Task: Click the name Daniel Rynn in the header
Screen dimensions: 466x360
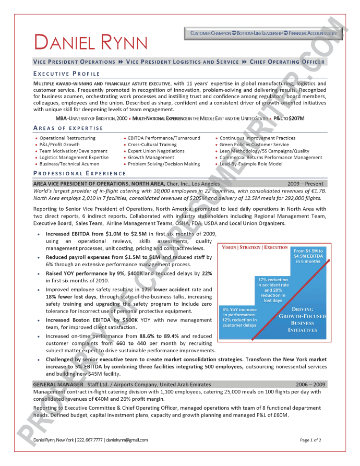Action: pyautogui.click(x=91, y=42)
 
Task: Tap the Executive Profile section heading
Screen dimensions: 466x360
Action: pyautogui.click(x=66, y=74)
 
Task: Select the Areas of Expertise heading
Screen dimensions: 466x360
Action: pyautogui.click(x=68, y=128)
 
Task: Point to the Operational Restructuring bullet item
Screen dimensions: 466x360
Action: pyautogui.click(x=67, y=138)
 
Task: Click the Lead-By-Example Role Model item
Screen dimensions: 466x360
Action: pyautogui.click(x=251, y=164)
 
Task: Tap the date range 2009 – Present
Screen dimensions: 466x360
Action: pyautogui.click(x=305, y=184)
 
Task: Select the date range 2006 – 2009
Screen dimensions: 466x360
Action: pyautogui.click(x=310, y=384)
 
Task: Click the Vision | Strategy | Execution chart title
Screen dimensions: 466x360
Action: pyautogui.click(x=255, y=247)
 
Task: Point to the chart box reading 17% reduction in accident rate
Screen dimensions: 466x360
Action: pyautogui.click(x=273, y=290)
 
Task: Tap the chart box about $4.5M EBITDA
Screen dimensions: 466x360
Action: pyautogui.click(x=308, y=256)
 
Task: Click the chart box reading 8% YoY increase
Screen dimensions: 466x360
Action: pyautogui.click(x=239, y=317)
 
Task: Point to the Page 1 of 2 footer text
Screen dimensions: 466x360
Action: pyautogui.click(x=310, y=440)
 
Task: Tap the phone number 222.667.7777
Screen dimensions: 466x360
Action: pyautogui.click(x=90, y=440)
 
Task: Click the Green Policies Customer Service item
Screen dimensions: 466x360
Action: pyautogui.click(x=254, y=145)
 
